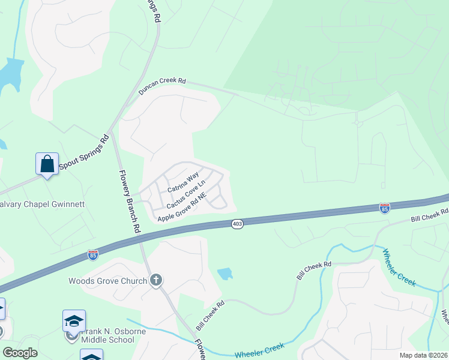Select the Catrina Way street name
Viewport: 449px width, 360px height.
click(x=182, y=182)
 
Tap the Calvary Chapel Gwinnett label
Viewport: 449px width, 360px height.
click(x=41, y=205)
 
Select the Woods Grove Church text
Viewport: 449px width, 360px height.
click(x=108, y=281)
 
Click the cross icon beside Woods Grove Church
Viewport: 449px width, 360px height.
click(x=156, y=280)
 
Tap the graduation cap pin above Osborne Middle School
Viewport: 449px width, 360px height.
click(x=74, y=321)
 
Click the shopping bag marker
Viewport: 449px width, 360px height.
click(x=47, y=163)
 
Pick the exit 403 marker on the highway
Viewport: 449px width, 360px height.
click(x=236, y=223)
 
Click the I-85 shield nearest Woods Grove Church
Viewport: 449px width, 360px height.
click(x=92, y=254)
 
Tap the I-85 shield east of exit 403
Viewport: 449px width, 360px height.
click(x=385, y=208)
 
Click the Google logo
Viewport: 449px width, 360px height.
click(x=20, y=353)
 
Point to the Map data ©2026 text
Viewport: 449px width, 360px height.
click(x=424, y=355)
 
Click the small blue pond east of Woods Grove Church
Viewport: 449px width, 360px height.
click(x=225, y=274)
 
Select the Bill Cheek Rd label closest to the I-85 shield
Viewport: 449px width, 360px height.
click(x=429, y=216)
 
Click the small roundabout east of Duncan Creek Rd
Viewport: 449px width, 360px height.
click(x=357, y=123)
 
